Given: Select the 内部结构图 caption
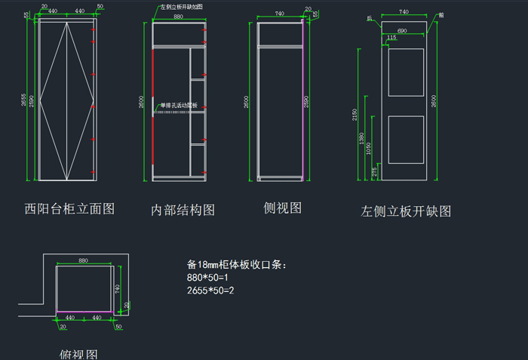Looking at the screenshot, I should (x=183, y=210).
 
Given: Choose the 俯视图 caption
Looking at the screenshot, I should (x=78, y=354).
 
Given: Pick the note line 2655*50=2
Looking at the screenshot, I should (x=210, y=291).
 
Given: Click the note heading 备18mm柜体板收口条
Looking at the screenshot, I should (x=236, y=265).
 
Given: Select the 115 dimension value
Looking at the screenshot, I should (x=391, y=37).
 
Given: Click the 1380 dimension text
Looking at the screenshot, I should (x=362, y=139).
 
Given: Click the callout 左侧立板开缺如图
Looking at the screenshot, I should (x=182, y=6).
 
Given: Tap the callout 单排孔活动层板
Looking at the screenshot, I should (x=178, y=105).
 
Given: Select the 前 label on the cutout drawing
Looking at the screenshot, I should (x=441, y=14).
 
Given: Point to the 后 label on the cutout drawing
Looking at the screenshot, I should (x=370, y=17).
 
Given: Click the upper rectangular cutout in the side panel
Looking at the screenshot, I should (x=407, y=72).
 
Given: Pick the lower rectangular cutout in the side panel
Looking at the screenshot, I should (x=407, y=140).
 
